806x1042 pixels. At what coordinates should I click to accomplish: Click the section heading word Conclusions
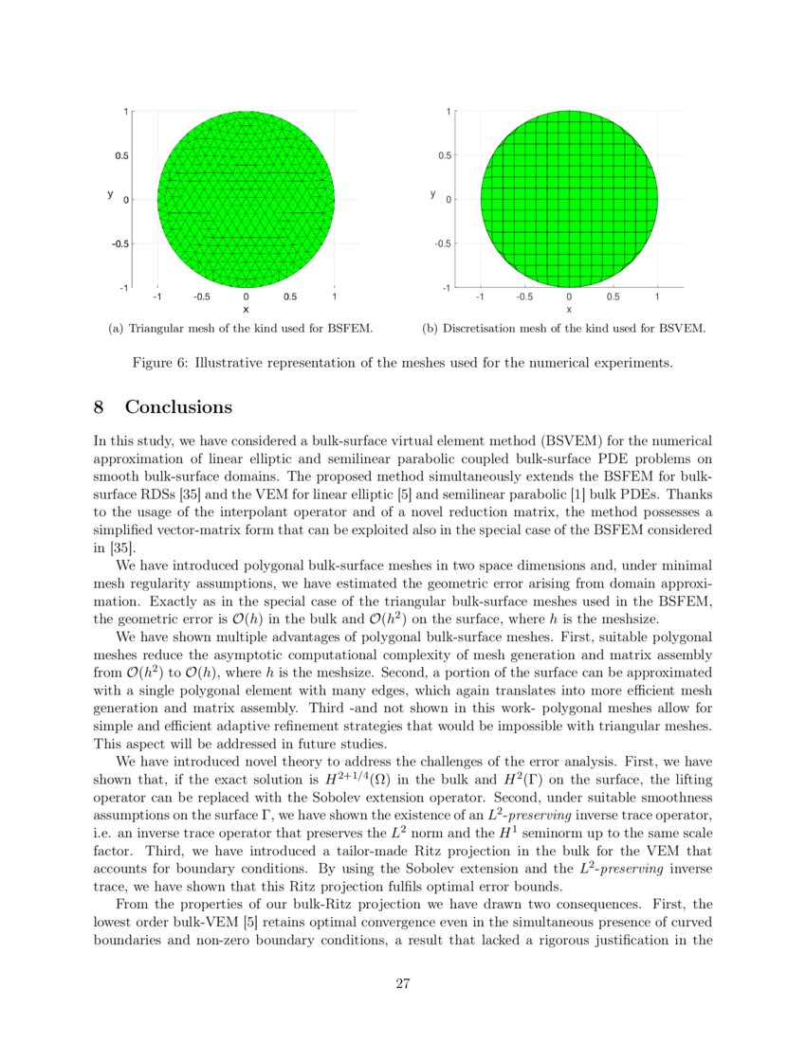coord(178,407)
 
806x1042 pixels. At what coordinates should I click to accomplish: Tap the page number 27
coord(402,983)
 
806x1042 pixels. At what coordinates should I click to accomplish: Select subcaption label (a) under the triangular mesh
coord(116,329)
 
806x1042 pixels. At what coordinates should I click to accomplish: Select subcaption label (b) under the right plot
coord(429,329)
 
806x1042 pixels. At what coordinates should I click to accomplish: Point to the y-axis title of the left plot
coord(110,194)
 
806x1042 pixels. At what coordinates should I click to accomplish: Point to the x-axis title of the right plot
coord(569,309)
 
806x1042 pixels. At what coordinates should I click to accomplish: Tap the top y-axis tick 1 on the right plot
coord(449,112)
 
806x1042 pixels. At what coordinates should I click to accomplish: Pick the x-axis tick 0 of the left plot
coord(246,296)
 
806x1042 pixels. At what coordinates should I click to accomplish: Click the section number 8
coord(99,407)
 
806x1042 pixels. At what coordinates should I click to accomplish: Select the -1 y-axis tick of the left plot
coord(123,287)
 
